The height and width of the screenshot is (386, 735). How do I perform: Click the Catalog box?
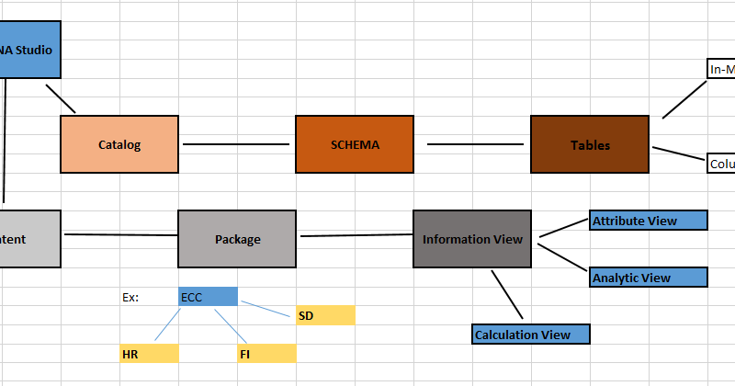pos(119,144)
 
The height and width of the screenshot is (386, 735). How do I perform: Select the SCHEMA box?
pos(354,144)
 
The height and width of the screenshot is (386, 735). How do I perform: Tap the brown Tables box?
pos(590,144)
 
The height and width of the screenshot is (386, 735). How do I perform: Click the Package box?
pos(237,239)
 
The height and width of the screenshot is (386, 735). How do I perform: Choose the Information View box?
pos(472,239)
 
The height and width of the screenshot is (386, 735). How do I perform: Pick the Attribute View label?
pos(648,221)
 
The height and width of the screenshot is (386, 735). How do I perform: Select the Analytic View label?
pos(648,278)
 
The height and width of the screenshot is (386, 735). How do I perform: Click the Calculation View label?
pos(530,335)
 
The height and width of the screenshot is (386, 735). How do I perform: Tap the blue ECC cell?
pos(208,297)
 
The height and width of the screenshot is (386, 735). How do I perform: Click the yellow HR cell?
pos(148,354)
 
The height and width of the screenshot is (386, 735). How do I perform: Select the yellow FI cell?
pos(266,354)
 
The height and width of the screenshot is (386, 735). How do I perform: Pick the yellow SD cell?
pos(324,316)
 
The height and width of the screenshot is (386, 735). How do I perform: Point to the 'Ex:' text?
pos(130,298)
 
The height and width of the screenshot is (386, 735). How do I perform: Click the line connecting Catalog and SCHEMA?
pos(236,144)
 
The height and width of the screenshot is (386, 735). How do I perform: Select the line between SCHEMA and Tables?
pos(475,144)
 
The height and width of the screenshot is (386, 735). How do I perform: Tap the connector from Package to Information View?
pos(355,236)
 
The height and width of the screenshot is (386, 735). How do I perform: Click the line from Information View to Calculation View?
pos(506,292)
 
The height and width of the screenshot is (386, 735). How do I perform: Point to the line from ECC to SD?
pos(267,307)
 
